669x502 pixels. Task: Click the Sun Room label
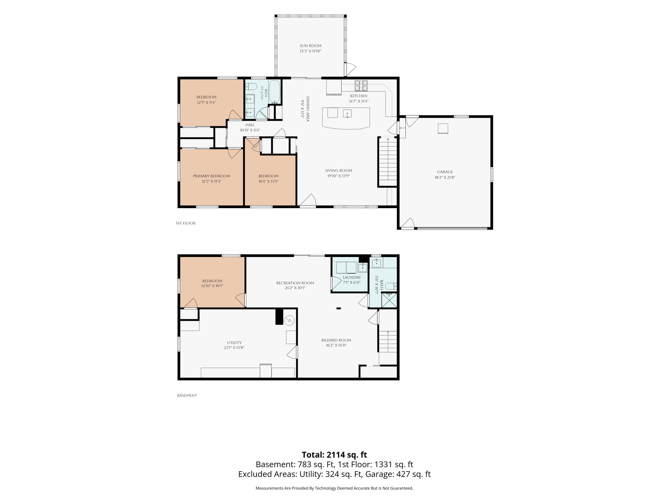point(310,46)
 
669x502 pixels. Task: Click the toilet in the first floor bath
point(251,87)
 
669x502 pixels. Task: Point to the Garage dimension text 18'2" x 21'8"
point(445,178)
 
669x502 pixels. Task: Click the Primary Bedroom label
point(211,176)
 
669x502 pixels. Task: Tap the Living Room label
point(339,171)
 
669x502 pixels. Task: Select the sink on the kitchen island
point(347,113)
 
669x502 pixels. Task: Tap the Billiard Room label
point(336,340)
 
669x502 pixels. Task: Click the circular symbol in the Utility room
point(289,320)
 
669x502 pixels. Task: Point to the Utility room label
point(234,343)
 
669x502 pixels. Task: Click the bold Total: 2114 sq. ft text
point(334,455)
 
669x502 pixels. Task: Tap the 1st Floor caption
point(186,223)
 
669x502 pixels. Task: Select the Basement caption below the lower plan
point(187,396)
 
